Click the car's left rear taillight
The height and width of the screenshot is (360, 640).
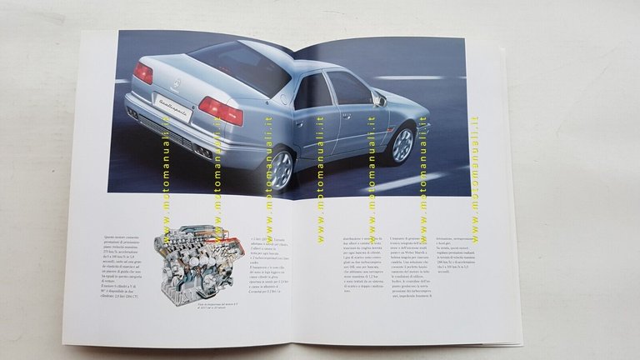point(143,74)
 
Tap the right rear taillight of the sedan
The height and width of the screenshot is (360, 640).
point(220,110)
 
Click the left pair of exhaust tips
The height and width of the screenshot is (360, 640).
point(132,112)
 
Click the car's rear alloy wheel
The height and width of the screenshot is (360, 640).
point(282,169)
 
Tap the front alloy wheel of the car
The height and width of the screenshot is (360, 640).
point(402,144)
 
